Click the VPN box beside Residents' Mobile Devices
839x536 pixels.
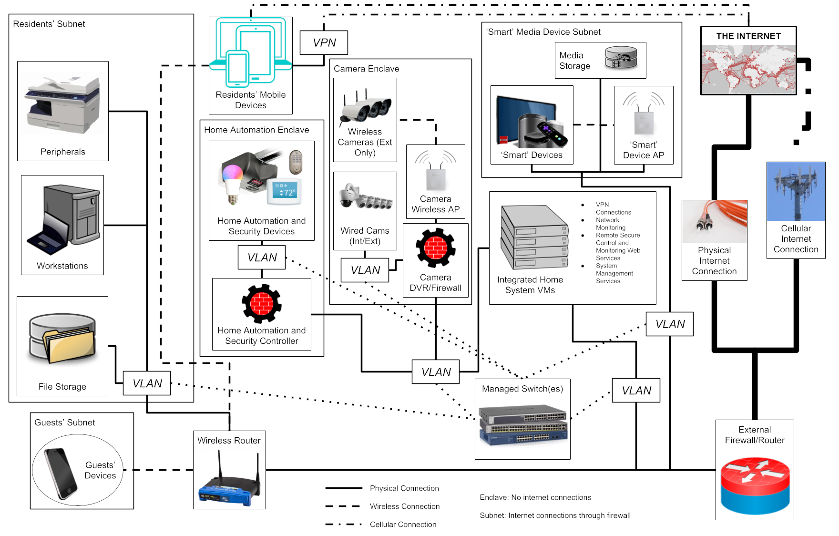pyautogui.click(x=324, y=42)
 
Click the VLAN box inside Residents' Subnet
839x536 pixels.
pyautogui.click(x=147, y=383)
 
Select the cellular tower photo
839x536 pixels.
pyautogui.click(x=796, y=191)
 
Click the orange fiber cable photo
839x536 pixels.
pyautogui.click(x=714, y=221)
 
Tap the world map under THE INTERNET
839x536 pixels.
pyautogui.click(x=748, y=70)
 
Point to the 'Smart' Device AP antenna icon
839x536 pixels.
pyautogui.click(x=644, y=114)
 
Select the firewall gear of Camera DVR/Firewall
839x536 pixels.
pyautogui.click(x=435, y=247)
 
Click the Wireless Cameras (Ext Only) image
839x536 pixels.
pyautogui.click(x=365, y=105)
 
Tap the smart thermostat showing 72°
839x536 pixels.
pyautogui.click(x=285, y=192)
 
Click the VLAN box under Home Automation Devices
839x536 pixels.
pyautogui.click(x=262, y=258)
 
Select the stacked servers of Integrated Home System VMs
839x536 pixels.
pyautogui.click(x=533, y=237)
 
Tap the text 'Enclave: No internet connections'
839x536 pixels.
pyautogui.click(x=535, y=497)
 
